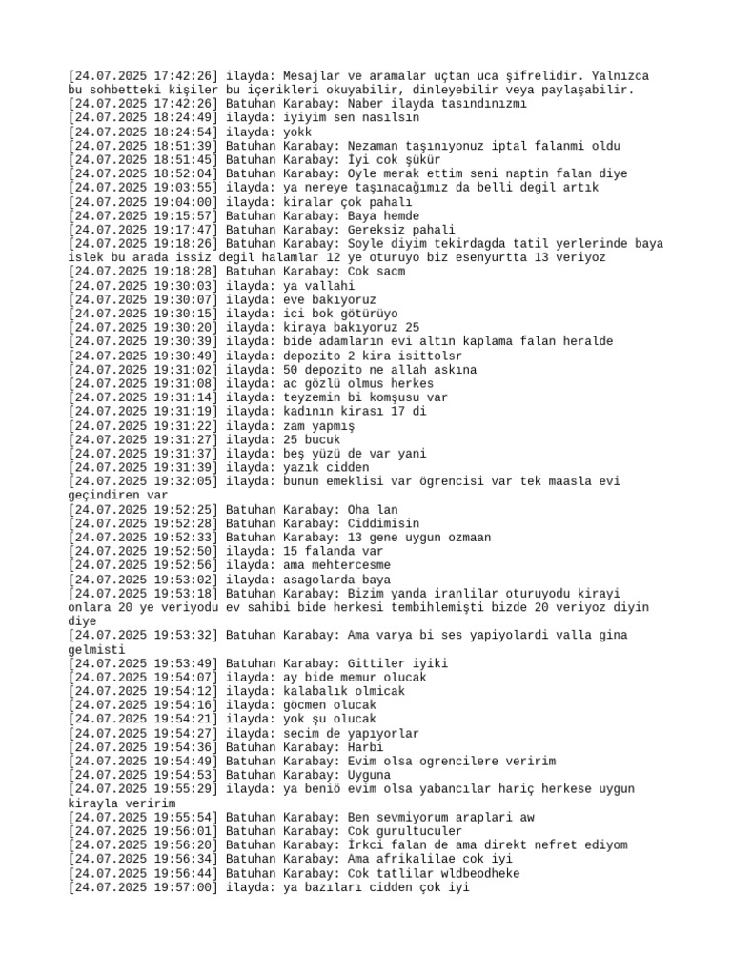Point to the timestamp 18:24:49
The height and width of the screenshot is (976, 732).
[x=186, y=117]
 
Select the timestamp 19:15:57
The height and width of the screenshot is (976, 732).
[x=186, y=215]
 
